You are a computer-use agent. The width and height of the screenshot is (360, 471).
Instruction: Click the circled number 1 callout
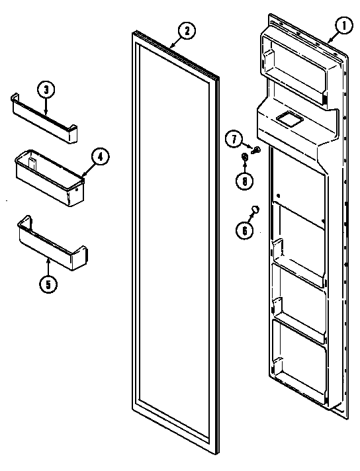click(343, 27)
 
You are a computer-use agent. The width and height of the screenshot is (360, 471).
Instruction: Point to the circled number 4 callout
click(99, 157)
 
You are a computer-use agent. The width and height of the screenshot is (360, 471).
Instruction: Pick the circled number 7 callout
click(234, 138)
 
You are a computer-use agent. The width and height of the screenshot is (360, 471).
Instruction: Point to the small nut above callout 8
click(244, 157)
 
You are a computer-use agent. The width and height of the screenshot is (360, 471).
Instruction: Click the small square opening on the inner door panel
click(288, 119)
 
